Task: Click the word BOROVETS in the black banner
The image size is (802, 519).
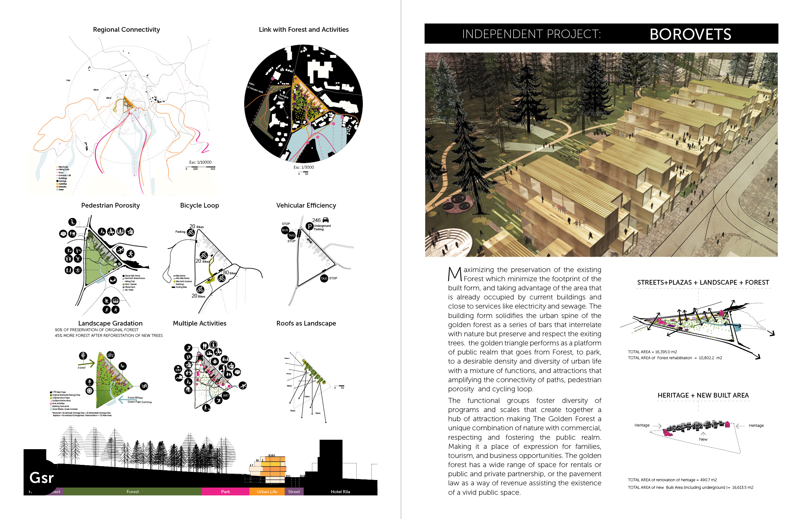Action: pos(690,34)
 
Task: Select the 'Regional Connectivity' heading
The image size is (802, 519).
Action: pos(126,30)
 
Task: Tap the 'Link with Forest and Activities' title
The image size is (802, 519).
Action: pos(304,30)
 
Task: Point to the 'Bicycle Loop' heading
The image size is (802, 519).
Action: pos(199,205)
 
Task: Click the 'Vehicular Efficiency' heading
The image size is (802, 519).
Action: pos(306,205)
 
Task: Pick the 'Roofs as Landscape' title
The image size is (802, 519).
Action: pos(306,323)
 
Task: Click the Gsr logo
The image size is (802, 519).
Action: pos(41,477)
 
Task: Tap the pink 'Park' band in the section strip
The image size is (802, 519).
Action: pos(226,492)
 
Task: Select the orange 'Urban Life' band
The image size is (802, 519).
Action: pos(267,492)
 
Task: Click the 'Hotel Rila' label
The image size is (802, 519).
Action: pos(340,492)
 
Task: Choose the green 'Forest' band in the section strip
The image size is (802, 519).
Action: pos(132,492)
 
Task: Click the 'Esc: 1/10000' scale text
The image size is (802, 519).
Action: pos(201,162)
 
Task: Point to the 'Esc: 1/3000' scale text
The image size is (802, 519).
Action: pos(304,167)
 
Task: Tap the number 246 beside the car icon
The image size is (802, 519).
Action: pos(316,220)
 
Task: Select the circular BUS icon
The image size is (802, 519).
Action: pos(285,230)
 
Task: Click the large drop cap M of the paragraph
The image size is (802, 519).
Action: pos(454,274)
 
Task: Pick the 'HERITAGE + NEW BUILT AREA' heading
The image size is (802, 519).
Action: pos(703,395)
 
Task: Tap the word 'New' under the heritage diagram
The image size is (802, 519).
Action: pos(703,439)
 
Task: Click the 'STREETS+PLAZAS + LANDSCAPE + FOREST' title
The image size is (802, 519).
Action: pos(703,282)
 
